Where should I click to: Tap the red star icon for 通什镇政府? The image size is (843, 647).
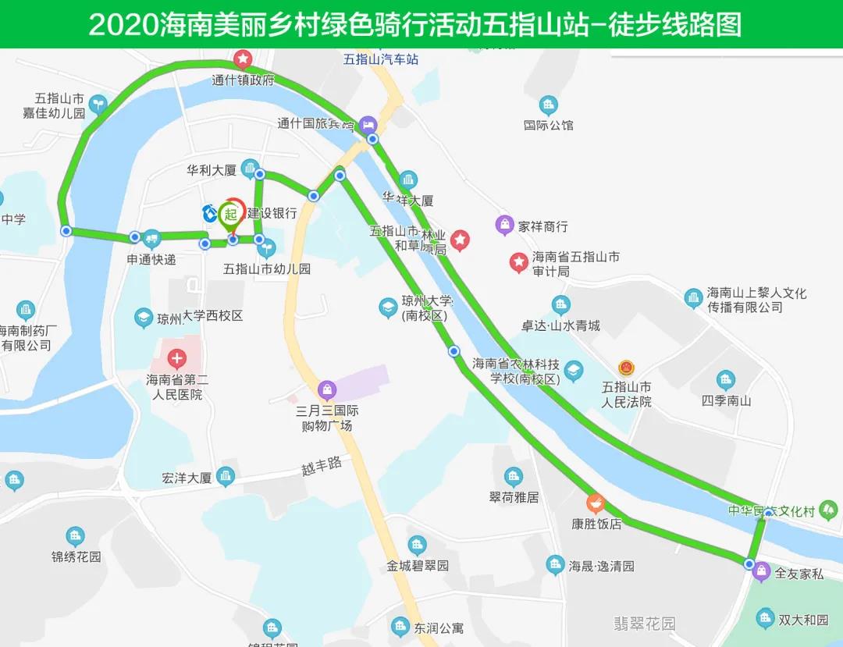[243, 59]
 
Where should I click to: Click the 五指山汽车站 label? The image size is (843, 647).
[381, 59]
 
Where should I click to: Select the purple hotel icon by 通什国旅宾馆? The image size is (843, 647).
[368, 124]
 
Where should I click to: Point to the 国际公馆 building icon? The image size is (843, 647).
[549, 105]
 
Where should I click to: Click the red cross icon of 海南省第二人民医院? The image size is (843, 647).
[177, 360]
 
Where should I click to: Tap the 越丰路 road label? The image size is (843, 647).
[322, 467]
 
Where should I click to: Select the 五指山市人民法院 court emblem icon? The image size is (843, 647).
[626, 368]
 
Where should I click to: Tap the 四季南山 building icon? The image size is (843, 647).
[726, 381]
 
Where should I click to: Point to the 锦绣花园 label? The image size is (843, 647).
[76, 557]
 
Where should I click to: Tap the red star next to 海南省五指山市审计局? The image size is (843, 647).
[518, 262]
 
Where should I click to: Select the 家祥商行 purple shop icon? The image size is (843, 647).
[505, 226]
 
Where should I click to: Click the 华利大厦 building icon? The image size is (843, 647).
[250, 168]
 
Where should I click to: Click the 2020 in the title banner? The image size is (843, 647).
[123, 25]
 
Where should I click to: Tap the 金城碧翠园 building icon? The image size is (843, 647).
[418, 545]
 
